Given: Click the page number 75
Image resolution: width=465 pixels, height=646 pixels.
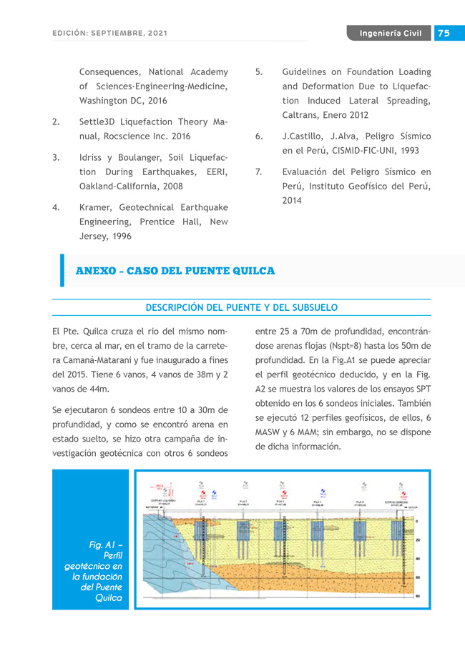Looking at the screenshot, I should point(444,34).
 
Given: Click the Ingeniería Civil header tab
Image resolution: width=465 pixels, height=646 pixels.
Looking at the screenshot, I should point(391,34).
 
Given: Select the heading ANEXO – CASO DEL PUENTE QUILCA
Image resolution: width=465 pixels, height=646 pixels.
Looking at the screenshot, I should point(175,271).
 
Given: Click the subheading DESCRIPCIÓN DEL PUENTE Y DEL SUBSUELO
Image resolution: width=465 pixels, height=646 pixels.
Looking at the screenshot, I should point(242,307).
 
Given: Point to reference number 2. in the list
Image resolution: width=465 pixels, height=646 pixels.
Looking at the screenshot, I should point(56,122).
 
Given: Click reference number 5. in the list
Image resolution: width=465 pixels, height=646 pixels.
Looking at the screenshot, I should point(259,72).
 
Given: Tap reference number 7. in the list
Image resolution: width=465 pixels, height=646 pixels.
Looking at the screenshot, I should point(259,172).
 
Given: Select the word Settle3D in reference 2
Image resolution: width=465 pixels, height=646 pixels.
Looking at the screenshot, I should point(97,122).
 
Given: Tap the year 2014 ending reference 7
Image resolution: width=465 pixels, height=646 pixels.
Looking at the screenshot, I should point(292,201).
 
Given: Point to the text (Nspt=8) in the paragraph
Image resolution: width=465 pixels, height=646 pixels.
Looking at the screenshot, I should point(328,347).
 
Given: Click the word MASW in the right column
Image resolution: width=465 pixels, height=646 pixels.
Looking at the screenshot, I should point(269,432).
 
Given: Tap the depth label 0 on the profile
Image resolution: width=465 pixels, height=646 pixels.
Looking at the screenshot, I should point(416,522).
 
